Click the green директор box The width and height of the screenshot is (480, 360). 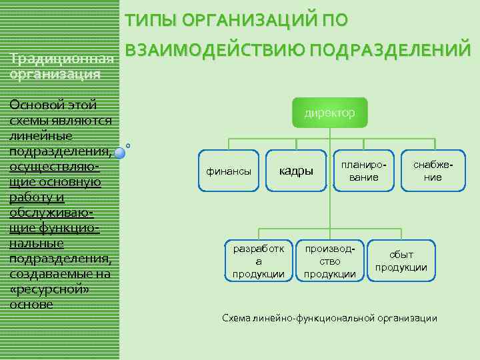[x=329, y=113]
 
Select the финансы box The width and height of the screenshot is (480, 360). [x=229, y=171]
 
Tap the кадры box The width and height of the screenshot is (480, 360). [x=295, y=171]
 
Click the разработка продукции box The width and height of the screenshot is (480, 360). [x=258, y=261]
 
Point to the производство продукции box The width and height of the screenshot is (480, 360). [x=329, y=261]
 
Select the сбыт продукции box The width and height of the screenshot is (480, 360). [x=401, y=261]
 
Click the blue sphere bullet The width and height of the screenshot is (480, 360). [x=120, y=153]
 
